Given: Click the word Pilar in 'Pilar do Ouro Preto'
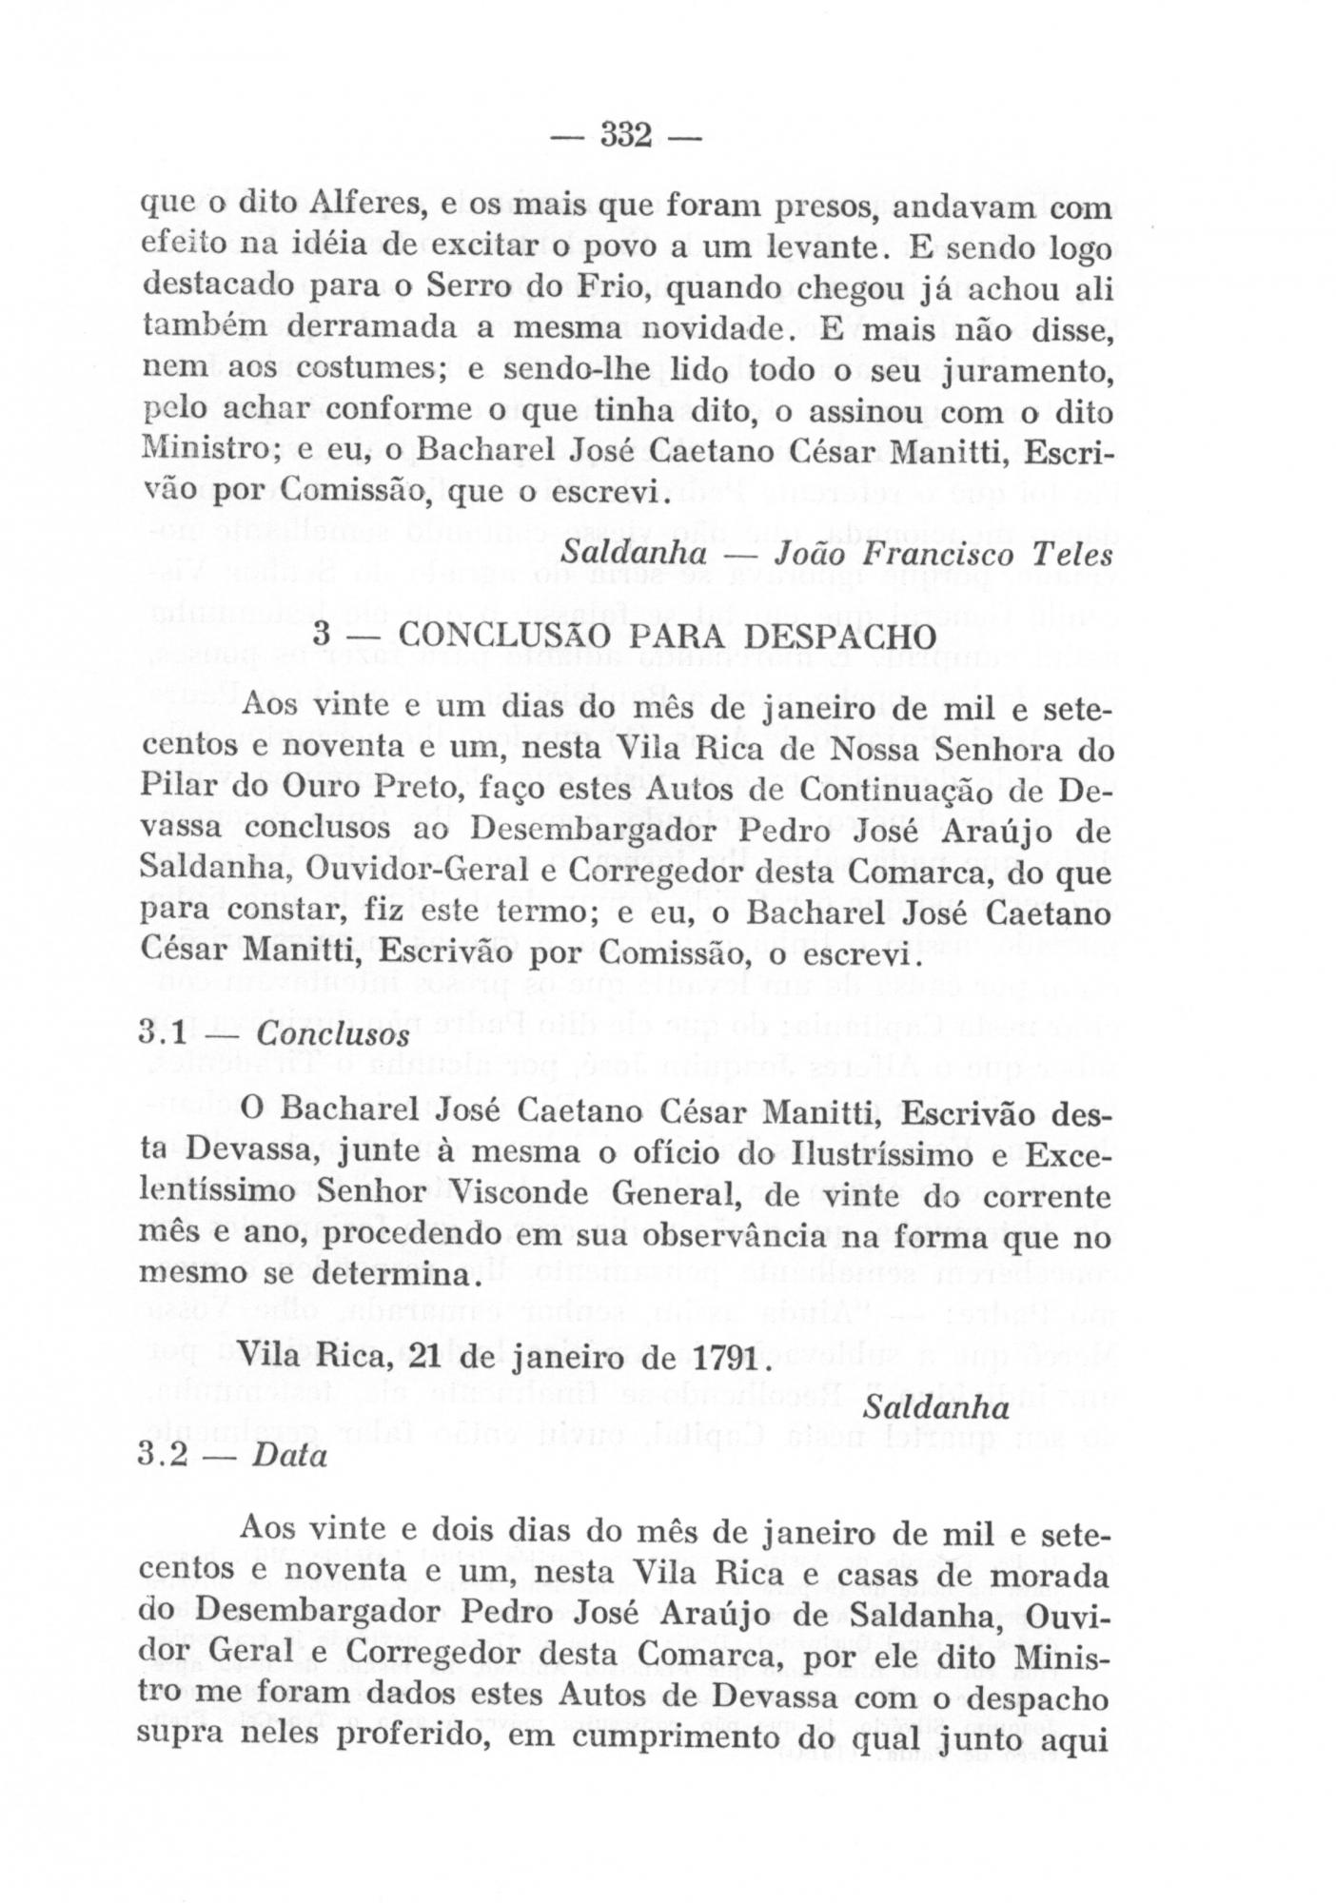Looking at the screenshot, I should pyautogui.click(x=185, y=789).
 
